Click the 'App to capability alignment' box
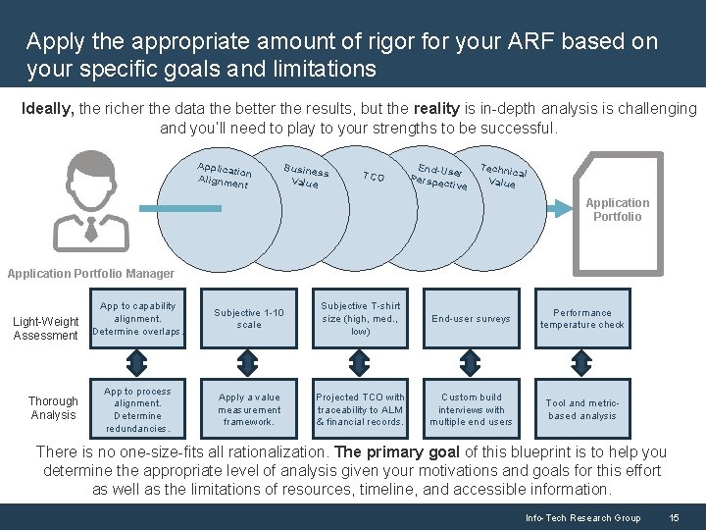pos(138,318)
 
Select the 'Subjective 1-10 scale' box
pos(249,318)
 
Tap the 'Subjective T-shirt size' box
pos(360,318)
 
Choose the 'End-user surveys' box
pos(471,318)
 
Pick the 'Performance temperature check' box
pos(581,318)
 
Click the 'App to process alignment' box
pos(138,409)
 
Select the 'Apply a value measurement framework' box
pos(249,409)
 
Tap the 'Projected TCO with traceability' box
pos(360,409)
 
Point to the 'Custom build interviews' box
pos(471,409)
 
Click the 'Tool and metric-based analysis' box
pos(581,409)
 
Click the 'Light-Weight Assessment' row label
pos(45,329)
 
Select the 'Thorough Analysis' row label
pos(53,408)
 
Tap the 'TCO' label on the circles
pos(373,178)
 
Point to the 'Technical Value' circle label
pos(503,175)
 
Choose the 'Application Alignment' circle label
pos(224,175)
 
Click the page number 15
pos(674,517)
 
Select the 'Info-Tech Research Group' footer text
pos(582,517)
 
